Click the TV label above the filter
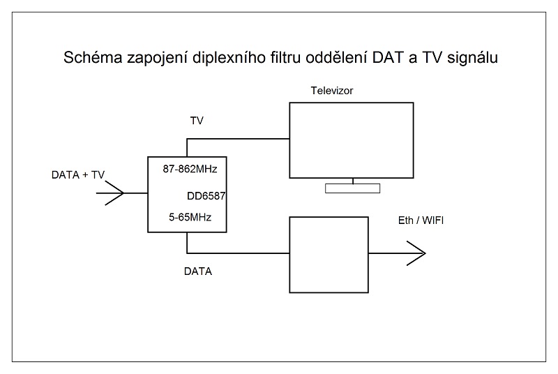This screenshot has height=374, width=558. pos(197,121)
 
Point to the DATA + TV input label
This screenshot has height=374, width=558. pos(78,174)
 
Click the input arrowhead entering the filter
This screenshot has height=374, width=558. pos(114,192)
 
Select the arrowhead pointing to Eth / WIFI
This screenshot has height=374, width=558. pos(416,254)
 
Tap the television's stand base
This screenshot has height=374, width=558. pos(353,188)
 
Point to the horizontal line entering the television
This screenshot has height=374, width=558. pos(238,138)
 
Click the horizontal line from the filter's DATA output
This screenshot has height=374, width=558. pos(238,253)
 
